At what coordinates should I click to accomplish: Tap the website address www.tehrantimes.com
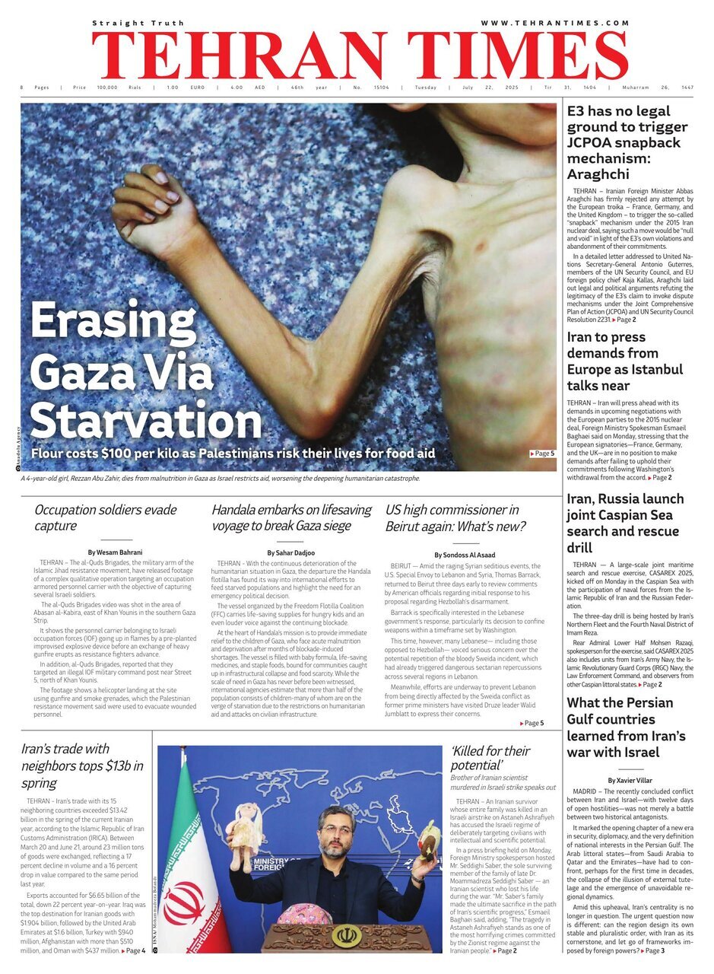pos(554,24)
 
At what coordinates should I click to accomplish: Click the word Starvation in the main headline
pos(145,421)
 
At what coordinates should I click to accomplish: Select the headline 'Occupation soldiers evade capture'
pos(105,517)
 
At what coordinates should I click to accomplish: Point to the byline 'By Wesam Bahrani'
pos(115,552)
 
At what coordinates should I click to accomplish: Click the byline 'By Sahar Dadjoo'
pos(292,552)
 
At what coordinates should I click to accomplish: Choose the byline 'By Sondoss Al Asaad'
pos(464,555)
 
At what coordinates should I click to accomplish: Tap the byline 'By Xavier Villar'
pos(630,781)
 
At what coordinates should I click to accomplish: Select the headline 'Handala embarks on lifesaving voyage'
pos(291,517)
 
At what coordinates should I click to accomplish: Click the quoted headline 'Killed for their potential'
pos(490,758)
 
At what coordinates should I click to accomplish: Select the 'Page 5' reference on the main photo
pos(543,454)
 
